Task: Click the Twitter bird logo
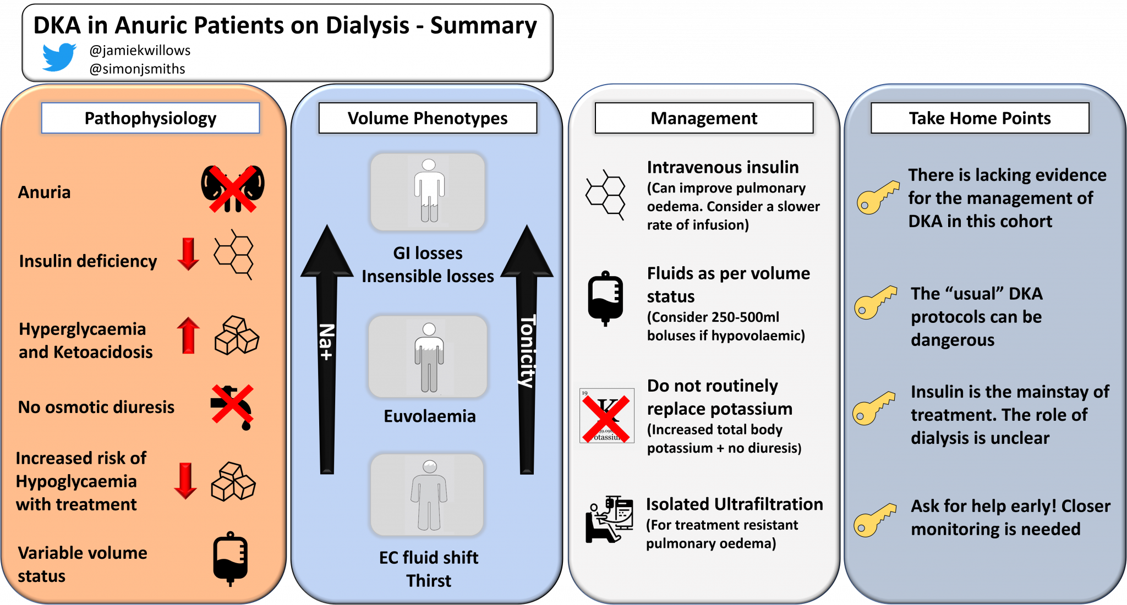59,57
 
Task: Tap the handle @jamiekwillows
140,51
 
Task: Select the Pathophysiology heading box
150,118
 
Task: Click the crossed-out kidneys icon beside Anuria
233,188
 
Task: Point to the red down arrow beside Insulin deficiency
188,254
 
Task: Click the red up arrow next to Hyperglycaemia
188,335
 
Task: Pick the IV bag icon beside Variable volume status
230,558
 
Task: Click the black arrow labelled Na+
327,352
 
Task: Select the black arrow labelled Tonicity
527,352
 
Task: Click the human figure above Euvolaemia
429,357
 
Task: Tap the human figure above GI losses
429,191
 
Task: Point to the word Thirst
429,581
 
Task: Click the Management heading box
704,118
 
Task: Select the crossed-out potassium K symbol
607,416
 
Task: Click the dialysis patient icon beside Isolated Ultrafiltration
609,519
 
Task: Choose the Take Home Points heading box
980,118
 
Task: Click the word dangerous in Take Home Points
952,340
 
